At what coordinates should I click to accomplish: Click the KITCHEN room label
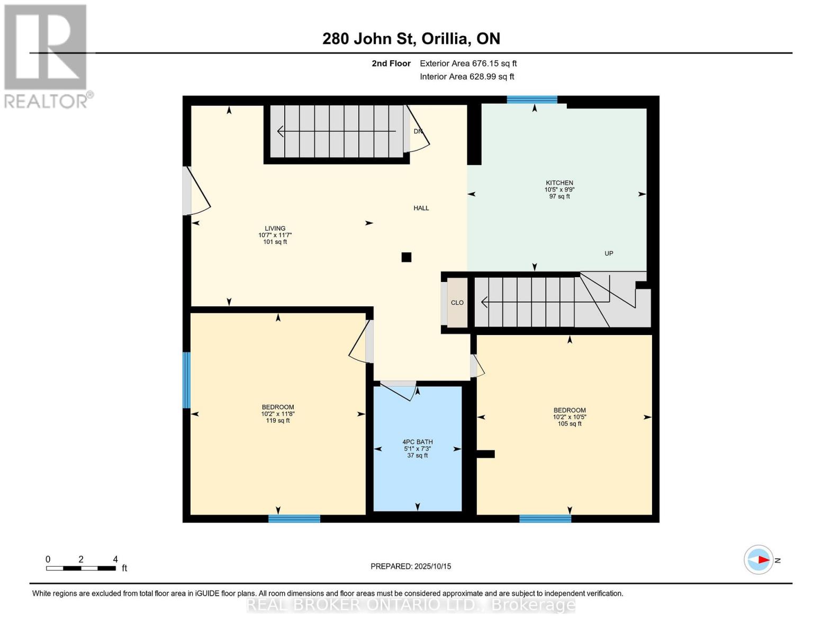click(x=559, y=183)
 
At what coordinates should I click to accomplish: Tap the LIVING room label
click(x=275, y=229)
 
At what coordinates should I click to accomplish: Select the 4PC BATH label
click(x=417, y=442)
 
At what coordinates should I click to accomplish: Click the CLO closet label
click(x=457, y=303)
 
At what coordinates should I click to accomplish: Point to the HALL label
click(x=421, y=208)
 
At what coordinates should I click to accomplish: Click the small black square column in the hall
click(x=407, y=257)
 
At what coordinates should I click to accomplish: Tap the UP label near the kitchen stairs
click(x=609, y=253)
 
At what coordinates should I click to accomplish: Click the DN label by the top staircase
click(x=418, y=131)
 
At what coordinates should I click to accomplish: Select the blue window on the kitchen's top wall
click(x=532, y=99)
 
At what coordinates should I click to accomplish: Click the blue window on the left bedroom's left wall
click(x=186, y=380)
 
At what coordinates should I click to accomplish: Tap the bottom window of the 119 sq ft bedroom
click(x=294, y=519)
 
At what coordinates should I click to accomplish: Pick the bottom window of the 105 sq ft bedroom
click(x=545, y=519)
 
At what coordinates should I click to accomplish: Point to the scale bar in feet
click(x=81, y=568)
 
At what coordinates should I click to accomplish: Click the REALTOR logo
click(x=46, y=56)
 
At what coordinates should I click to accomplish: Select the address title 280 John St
click(x=411, y=39)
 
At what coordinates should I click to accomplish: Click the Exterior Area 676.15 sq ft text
click(x=468, y=63)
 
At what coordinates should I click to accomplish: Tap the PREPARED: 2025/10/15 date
click(x=411, y=566)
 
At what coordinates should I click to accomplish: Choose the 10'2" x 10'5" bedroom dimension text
click(x=570, y=417)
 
